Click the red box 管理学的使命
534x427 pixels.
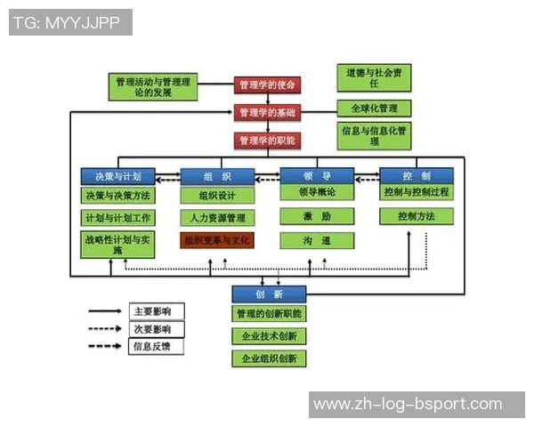tap(268, 85)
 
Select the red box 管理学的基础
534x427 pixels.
tap(268, 113)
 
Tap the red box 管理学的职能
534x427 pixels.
tap(268, 141)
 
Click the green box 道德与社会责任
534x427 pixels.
tap(375, 77)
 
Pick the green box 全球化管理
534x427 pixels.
tap(375, 109)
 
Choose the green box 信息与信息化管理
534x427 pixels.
tap(375, 135)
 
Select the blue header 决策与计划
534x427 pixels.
tap(118, 175)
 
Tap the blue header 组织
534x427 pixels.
tap(218, 175)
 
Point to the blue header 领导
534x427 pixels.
tap(318, 175)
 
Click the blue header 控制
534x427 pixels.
tap(417, 175)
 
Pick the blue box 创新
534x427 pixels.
tap(269, 294)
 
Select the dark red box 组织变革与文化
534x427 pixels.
tap(218, 240)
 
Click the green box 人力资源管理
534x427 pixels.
tap(218, 217)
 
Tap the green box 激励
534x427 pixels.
tap(318, 216)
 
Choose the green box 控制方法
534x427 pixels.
tap(417, 216)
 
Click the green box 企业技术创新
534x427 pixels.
tap(269, 336)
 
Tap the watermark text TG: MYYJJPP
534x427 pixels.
tap(70, 22)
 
